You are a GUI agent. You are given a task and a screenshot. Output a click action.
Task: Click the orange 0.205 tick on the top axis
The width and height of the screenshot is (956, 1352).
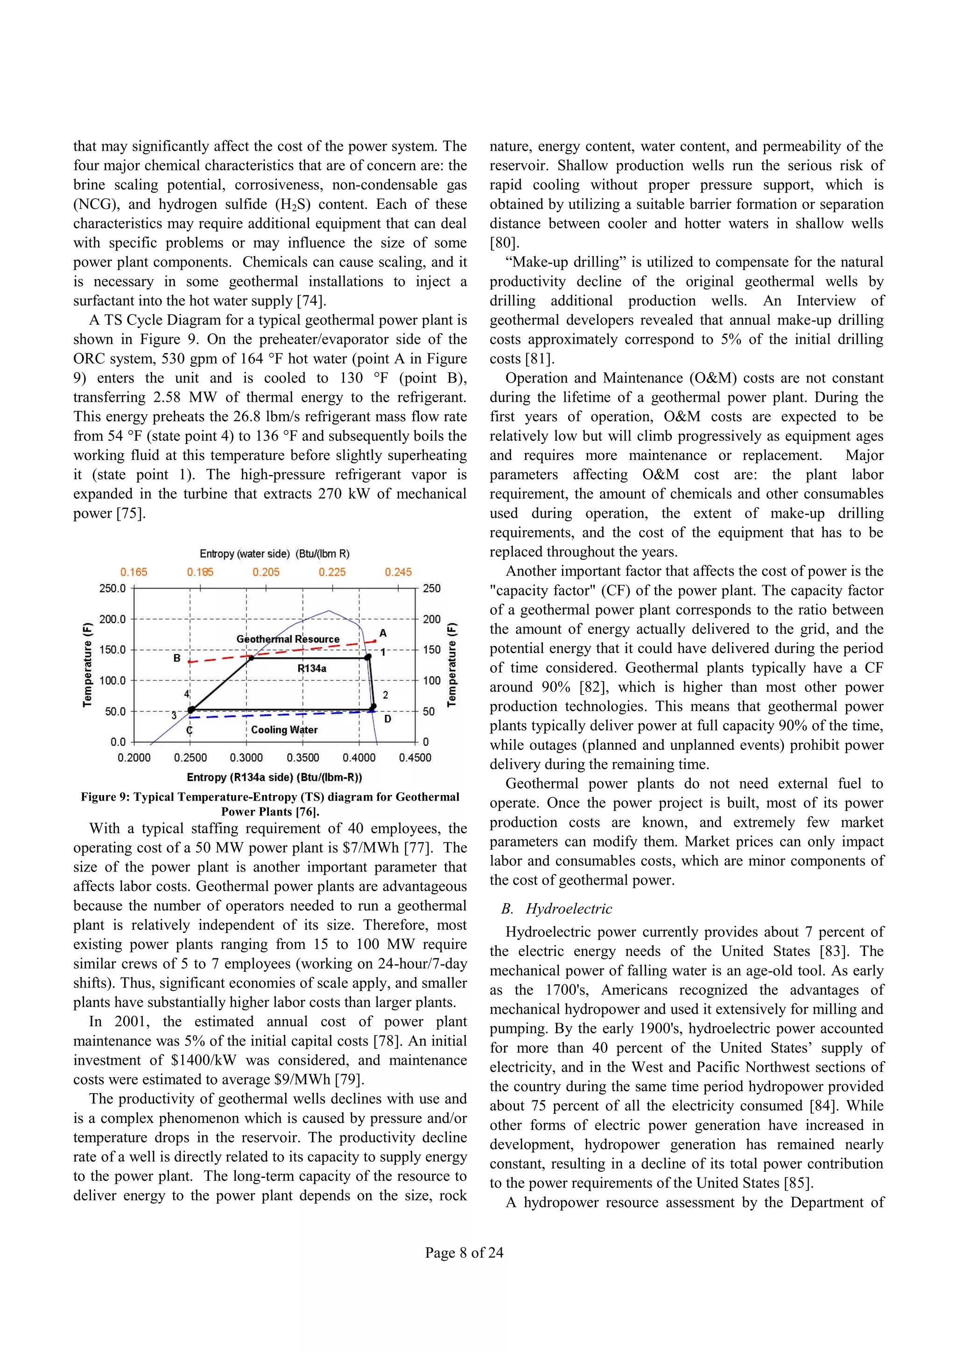266,572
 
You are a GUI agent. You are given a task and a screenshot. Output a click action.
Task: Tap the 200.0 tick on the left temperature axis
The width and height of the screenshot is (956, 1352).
112,619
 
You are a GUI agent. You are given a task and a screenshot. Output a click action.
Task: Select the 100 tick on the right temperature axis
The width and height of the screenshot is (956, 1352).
432,680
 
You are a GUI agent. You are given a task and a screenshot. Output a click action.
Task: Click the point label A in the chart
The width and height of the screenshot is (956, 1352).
383,633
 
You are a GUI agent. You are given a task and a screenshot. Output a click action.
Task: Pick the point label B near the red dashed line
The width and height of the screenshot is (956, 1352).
177,658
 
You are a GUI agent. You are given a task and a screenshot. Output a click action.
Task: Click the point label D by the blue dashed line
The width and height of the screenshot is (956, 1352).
387,719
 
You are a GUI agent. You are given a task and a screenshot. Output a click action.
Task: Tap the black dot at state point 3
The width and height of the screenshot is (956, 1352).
190,711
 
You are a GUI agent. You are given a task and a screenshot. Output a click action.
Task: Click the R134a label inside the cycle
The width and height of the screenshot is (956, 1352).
312,669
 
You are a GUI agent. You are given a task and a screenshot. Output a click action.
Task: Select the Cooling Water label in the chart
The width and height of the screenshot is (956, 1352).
284,730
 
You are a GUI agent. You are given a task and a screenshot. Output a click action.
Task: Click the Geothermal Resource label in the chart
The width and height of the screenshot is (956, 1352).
288,639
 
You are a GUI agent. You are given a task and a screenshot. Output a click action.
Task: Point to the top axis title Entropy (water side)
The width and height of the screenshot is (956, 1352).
274,553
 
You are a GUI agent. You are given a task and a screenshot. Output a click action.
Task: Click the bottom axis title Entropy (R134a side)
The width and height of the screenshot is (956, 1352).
274,777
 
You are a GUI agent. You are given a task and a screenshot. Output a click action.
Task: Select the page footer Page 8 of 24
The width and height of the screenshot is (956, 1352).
464,1253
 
